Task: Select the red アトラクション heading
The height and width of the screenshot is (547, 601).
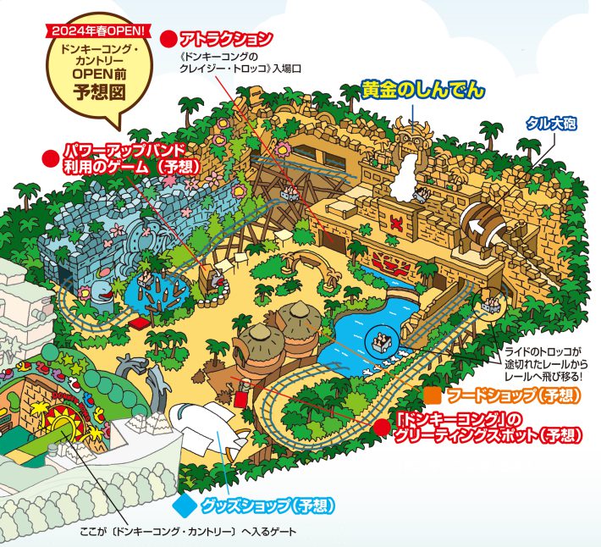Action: point(226,38)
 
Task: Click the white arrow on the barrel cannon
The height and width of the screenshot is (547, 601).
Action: point(485,225)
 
